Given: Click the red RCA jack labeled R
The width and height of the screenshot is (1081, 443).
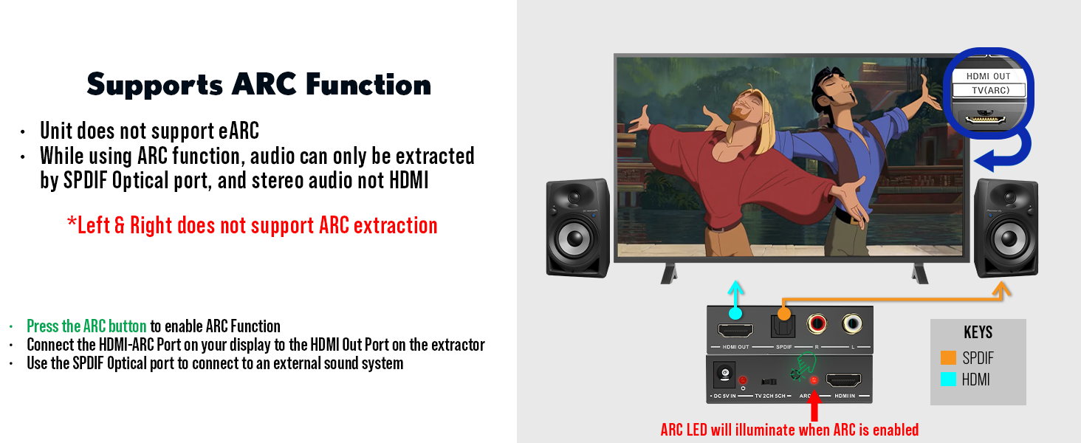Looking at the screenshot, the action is coord(817,324).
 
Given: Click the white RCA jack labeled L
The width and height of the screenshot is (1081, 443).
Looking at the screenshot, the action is coord(852,324).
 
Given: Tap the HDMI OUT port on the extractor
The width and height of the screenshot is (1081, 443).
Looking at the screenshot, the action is coord(735,331).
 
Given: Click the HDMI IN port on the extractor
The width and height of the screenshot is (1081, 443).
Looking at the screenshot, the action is coord(843,380).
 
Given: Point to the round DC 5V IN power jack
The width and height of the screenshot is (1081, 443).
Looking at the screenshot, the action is coord(724,374).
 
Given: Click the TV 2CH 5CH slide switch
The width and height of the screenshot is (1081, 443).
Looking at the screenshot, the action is coord(769,382).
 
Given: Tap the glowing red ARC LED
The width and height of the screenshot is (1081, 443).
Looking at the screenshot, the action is coord(814,380).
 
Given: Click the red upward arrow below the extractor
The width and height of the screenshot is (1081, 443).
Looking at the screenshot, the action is coord(814,405).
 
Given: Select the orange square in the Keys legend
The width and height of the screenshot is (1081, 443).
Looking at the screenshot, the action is coord(948,357).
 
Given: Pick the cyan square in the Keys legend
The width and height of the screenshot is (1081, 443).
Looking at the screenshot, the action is coord(948,380).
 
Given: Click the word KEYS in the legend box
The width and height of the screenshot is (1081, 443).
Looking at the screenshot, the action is coord(978,332).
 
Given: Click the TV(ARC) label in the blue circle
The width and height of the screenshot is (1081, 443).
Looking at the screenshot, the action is coord(990,90).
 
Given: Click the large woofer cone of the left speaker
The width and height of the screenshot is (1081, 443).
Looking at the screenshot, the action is coord(574,238).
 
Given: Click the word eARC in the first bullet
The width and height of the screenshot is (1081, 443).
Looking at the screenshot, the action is coord(239,131).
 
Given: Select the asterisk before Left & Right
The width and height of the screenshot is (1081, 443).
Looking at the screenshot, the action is coord(72,221).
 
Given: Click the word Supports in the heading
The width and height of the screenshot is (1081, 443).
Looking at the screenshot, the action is coord(154,86).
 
